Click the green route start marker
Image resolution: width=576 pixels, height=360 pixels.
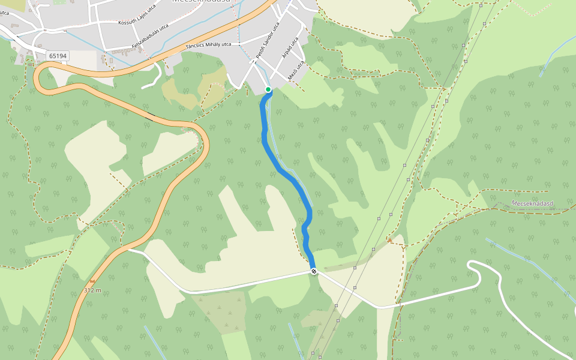click(268, 89)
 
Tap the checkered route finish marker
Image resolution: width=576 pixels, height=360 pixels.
click(314, 272)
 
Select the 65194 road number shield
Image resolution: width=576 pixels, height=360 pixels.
click(58, 56)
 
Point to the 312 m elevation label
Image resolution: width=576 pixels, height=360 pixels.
click(92, 290)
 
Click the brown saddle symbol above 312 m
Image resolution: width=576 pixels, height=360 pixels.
click(92, 281)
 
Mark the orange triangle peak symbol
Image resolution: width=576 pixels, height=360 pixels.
click(389, 240)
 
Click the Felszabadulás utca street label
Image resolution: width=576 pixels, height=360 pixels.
click(150, 37)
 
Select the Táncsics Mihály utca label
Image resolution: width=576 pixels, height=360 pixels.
click(208, 45)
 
